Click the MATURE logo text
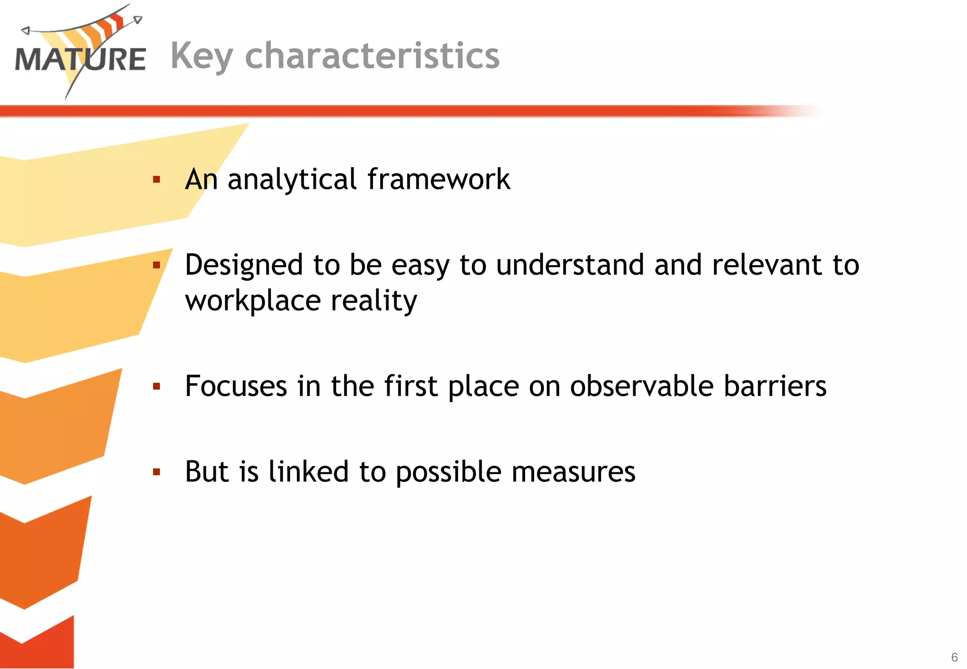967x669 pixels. (80, 59)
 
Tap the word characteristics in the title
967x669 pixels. (372, 56)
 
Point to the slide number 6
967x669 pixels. (954, 657)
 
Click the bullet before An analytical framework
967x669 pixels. (157, 180)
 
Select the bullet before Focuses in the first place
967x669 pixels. (157, 387)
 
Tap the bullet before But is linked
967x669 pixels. (157, 472)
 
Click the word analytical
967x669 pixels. (292, 180)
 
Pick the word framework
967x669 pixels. (439, 179)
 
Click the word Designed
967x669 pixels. (244, 266)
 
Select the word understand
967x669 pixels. (570, 265)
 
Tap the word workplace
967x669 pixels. (253, 301)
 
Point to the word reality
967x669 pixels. (374, 301)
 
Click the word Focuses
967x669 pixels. (236, 386)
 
